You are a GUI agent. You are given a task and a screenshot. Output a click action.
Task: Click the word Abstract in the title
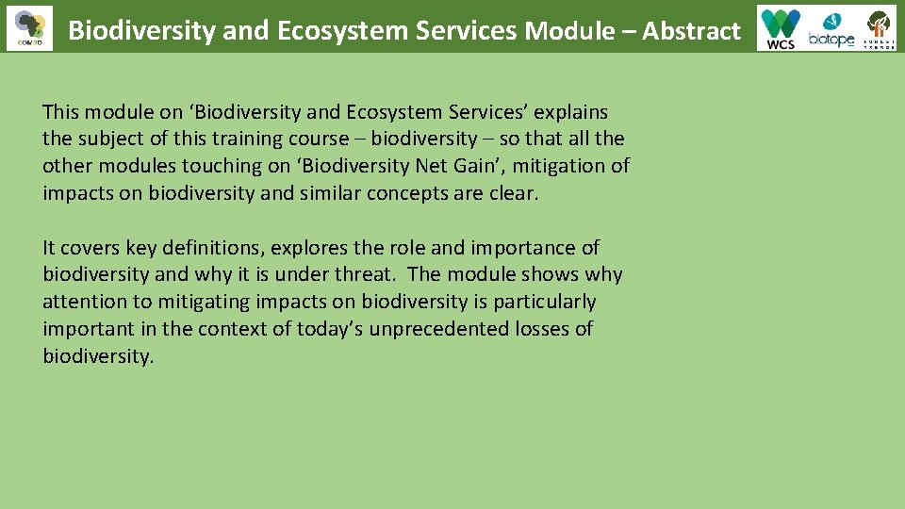pos(692,31)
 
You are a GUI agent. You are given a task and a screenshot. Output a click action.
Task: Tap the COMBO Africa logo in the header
pos(29,27)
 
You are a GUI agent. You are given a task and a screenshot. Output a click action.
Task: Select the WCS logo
pos(781,28)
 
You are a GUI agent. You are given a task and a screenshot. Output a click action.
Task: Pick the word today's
pos(330,330)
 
